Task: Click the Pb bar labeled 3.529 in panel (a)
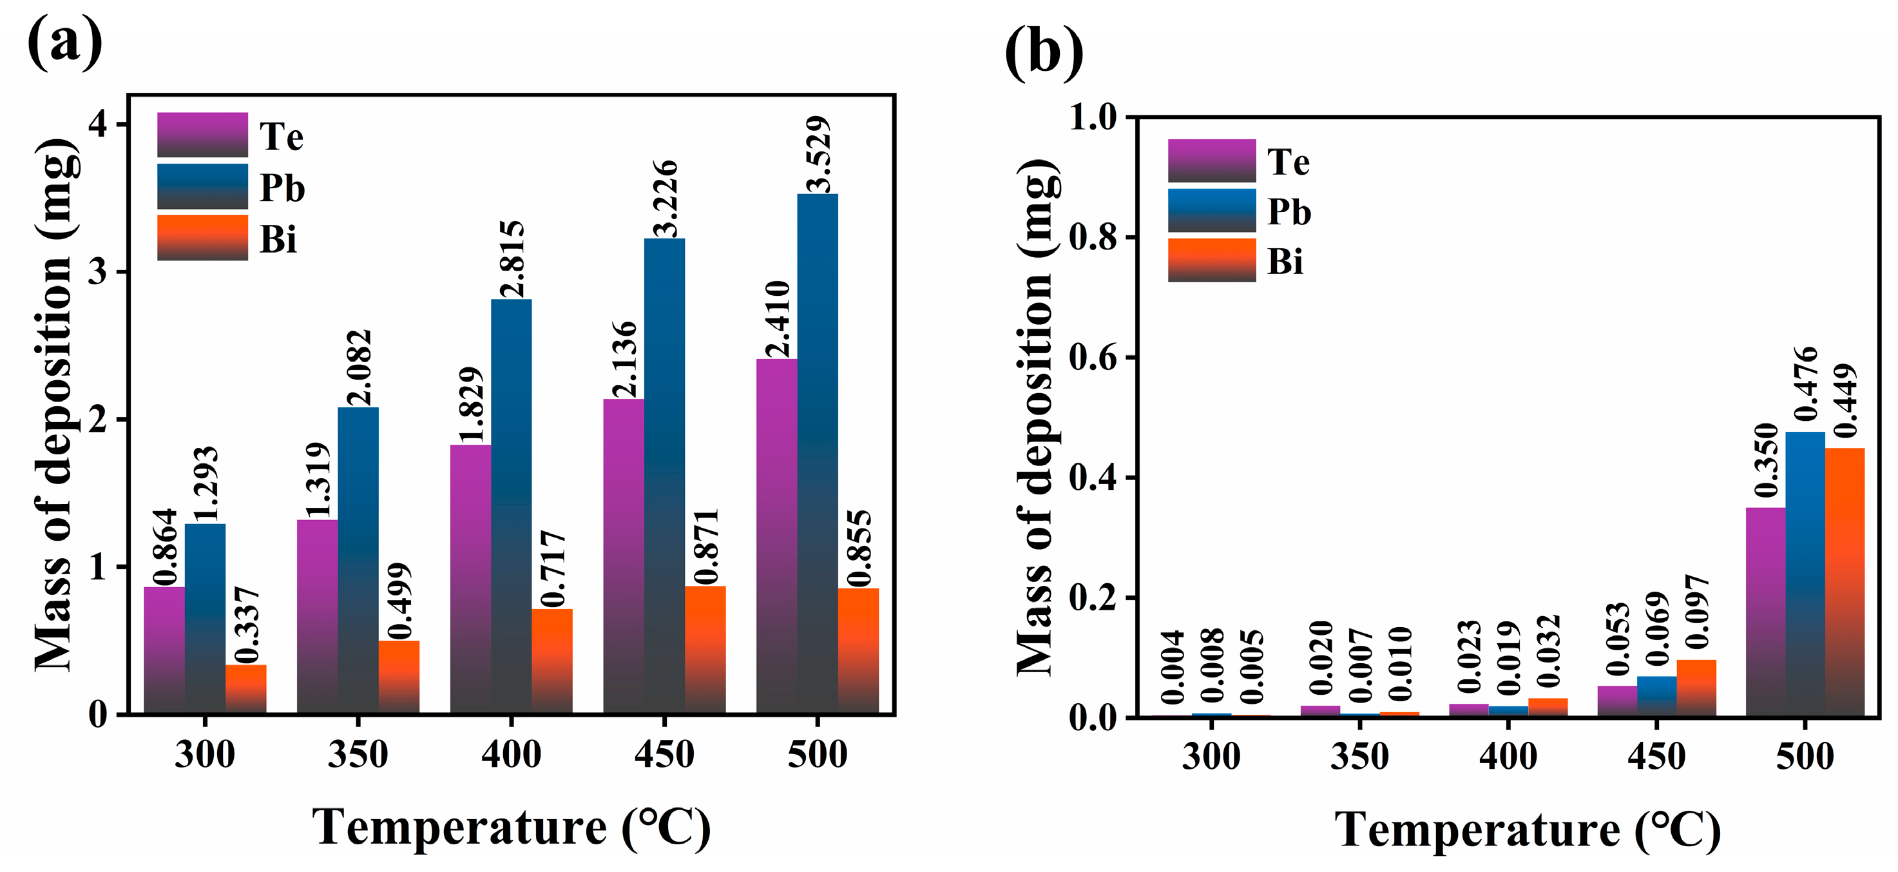tap(817, 453)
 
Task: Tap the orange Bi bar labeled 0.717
tap(552, 661)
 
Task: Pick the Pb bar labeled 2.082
tap(358, 559)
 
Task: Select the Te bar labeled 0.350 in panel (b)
tap(1765, 611)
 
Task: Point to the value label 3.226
tap(666, 198)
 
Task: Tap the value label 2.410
tap(778, 318)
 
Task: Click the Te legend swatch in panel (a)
tap(202, 135)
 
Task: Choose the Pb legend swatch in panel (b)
tap(1211, 211)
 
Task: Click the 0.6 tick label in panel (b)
tap(1092, 358)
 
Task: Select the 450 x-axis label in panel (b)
tap(1656, 756)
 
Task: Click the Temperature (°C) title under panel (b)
tap(1528, 830)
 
